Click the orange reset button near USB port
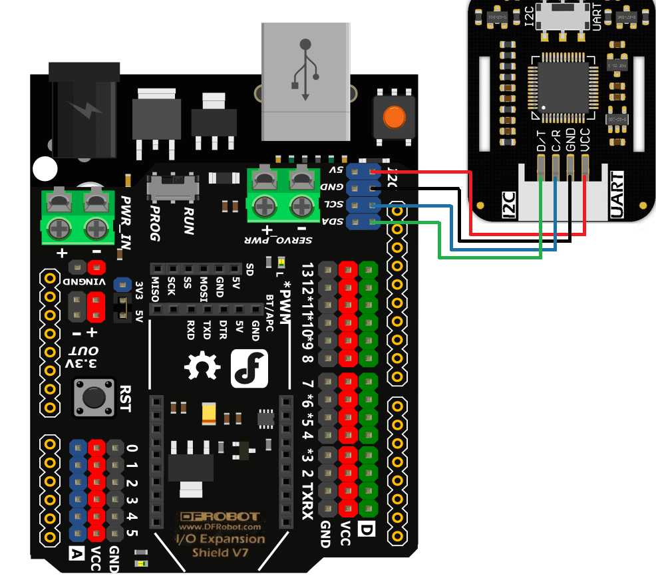tap(394, 118)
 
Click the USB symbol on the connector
tap(305, 70)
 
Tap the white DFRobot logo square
tap(249, 368)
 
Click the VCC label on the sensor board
tap(585, 140)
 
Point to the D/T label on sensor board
tap(541, 140)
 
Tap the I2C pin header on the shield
tap(363, 197)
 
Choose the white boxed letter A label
tap(77, 552)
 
